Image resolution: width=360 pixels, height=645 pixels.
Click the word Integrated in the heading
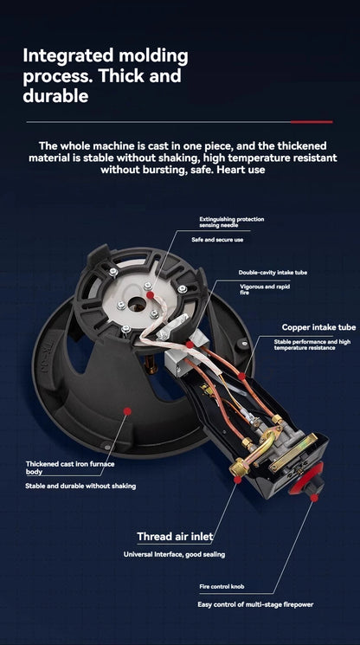pos(67,56)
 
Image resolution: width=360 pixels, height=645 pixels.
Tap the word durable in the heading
pos(55,95)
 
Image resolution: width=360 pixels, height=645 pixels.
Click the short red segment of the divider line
pos(312,122)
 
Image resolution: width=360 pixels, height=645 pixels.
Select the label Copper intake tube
pos(319,327)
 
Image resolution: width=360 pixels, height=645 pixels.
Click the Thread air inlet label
pos(175,537)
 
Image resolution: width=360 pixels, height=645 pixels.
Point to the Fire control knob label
pos(222,587)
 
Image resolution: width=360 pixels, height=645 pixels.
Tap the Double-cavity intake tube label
pos(273,273)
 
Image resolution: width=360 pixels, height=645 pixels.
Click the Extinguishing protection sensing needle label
pos(232,223)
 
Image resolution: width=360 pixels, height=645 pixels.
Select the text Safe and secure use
pos(217,240)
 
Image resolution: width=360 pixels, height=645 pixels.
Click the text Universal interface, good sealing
pos(174,554)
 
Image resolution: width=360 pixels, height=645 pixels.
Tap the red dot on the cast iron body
pos(127,411)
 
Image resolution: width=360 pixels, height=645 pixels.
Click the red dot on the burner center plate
pos(151,295)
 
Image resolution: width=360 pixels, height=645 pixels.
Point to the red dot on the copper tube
pos(241,376)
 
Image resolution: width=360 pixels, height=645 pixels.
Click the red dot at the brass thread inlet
pos(237,480)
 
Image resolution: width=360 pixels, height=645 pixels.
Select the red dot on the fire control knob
pos(314,498)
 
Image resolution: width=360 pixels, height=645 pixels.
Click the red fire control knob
pos(307,480)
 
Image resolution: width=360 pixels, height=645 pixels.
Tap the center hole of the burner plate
pos(136,305)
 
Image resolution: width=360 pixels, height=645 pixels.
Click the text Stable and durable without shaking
pos(80,487)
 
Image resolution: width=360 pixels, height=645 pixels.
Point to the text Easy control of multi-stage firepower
pos(255,604)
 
